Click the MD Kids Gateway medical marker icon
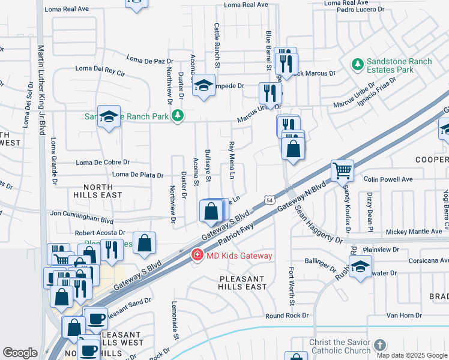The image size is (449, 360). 196,256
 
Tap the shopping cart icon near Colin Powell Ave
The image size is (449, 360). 342,170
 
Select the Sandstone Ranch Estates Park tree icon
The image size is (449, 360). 358,64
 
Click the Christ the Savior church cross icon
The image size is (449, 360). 379,346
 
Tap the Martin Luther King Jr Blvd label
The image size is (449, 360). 41,90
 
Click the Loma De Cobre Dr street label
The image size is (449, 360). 103,162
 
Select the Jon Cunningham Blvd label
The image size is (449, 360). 82,213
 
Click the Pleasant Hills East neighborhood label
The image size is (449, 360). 243,283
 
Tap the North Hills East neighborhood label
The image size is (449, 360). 98,191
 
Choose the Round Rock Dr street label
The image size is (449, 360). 287,316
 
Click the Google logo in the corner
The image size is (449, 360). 20,353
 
